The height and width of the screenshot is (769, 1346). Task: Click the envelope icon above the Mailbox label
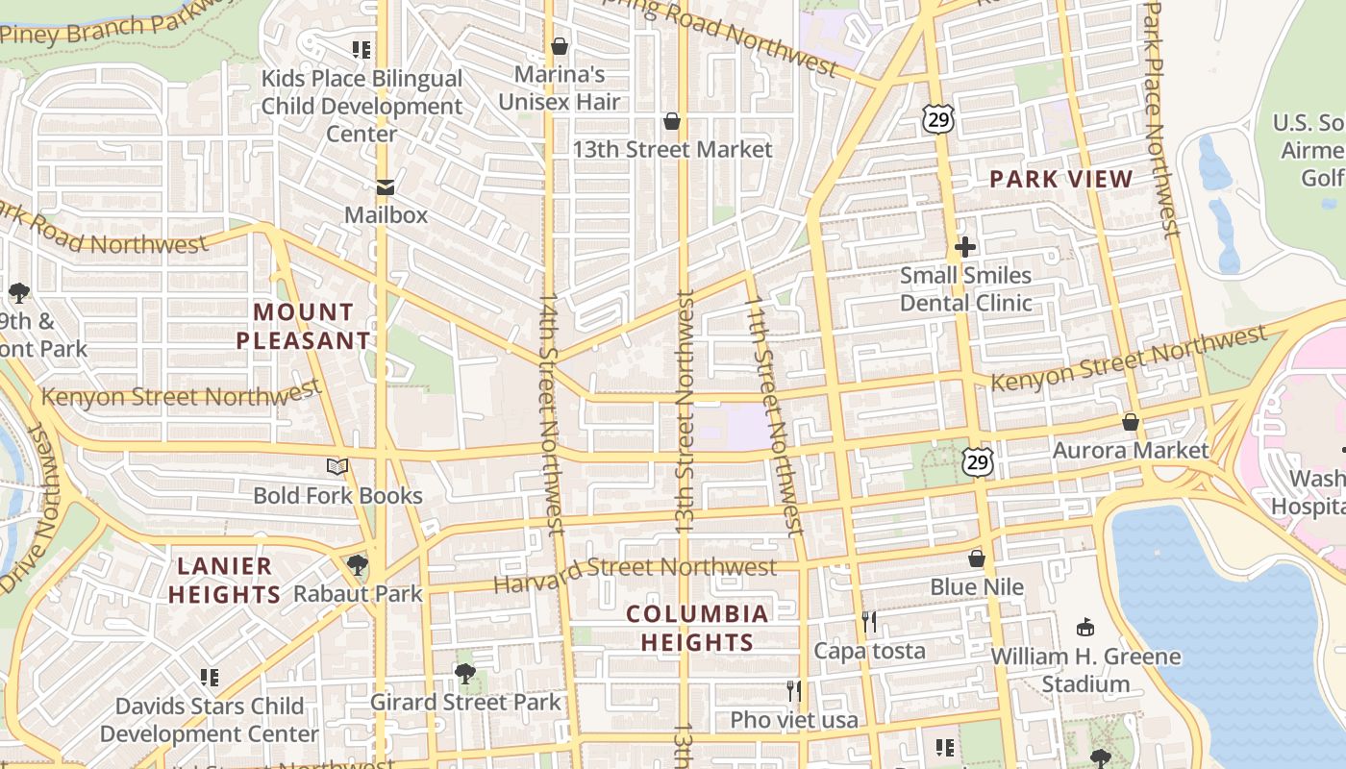point(386,186)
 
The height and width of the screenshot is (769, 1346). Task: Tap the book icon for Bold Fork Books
point(336,467)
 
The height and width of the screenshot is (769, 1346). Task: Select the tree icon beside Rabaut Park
point(358,565)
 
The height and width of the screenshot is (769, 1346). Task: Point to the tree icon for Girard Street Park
point(465,674)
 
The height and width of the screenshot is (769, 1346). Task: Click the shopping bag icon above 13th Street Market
point(672,121)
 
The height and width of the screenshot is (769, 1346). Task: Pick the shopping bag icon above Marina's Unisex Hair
point(559,46)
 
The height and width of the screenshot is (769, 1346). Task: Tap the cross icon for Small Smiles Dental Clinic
point(965,247)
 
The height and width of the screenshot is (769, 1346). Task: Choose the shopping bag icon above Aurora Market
point(1131,422)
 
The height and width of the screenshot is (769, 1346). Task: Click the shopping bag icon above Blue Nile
point(977,558)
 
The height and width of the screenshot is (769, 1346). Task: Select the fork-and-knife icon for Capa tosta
point(869,622)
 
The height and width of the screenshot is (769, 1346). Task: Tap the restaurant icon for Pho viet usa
point(794,691)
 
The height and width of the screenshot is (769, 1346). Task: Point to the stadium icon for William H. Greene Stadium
point(1086,628)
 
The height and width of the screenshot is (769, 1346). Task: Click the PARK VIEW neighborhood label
point(1061,179)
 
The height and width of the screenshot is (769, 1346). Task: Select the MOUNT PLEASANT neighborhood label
point(303,326)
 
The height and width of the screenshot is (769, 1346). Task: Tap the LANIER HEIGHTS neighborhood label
point(225,581)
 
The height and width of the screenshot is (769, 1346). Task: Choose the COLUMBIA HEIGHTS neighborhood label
point(697,628)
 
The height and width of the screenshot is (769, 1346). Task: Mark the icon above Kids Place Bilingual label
point(361,50)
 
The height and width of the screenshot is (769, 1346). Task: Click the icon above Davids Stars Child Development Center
point(209,678)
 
